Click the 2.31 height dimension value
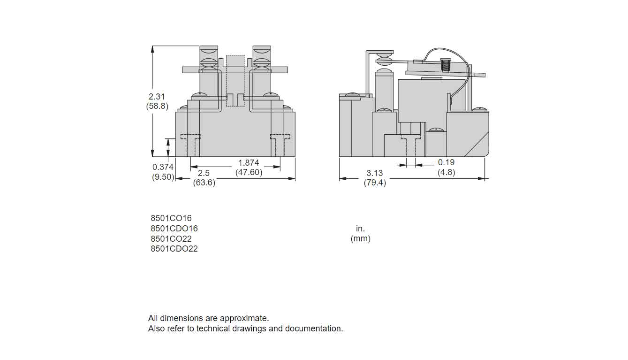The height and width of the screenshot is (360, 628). [x=157, y=96]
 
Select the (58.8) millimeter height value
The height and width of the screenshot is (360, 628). [x=157, y=106]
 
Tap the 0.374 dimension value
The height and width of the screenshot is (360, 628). [x=163, y=167]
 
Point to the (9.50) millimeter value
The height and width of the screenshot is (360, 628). [x=163, y=177]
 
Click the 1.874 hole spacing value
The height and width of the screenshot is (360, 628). [x=249, y=162]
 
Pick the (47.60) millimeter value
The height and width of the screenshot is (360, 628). [x=249, y=172]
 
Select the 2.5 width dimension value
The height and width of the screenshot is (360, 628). [x=204, y=173]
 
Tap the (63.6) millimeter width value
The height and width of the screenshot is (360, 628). [x=204, y=183]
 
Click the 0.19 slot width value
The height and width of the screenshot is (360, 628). [x=446, y=162]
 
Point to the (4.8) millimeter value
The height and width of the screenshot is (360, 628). [x=446, y=172]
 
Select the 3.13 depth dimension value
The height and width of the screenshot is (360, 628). [x=375, y=173]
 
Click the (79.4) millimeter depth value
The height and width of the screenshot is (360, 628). [x=375, y=183]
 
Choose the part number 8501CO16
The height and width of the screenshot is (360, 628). [x=171, y=218]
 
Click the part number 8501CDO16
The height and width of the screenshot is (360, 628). [x=174, y=229]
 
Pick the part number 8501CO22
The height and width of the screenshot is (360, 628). [x=171, y=239]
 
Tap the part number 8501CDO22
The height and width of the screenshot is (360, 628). [x=174, y=249]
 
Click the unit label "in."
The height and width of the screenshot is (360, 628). [x=360, y=229]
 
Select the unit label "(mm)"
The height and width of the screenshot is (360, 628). [x=360, y=239]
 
